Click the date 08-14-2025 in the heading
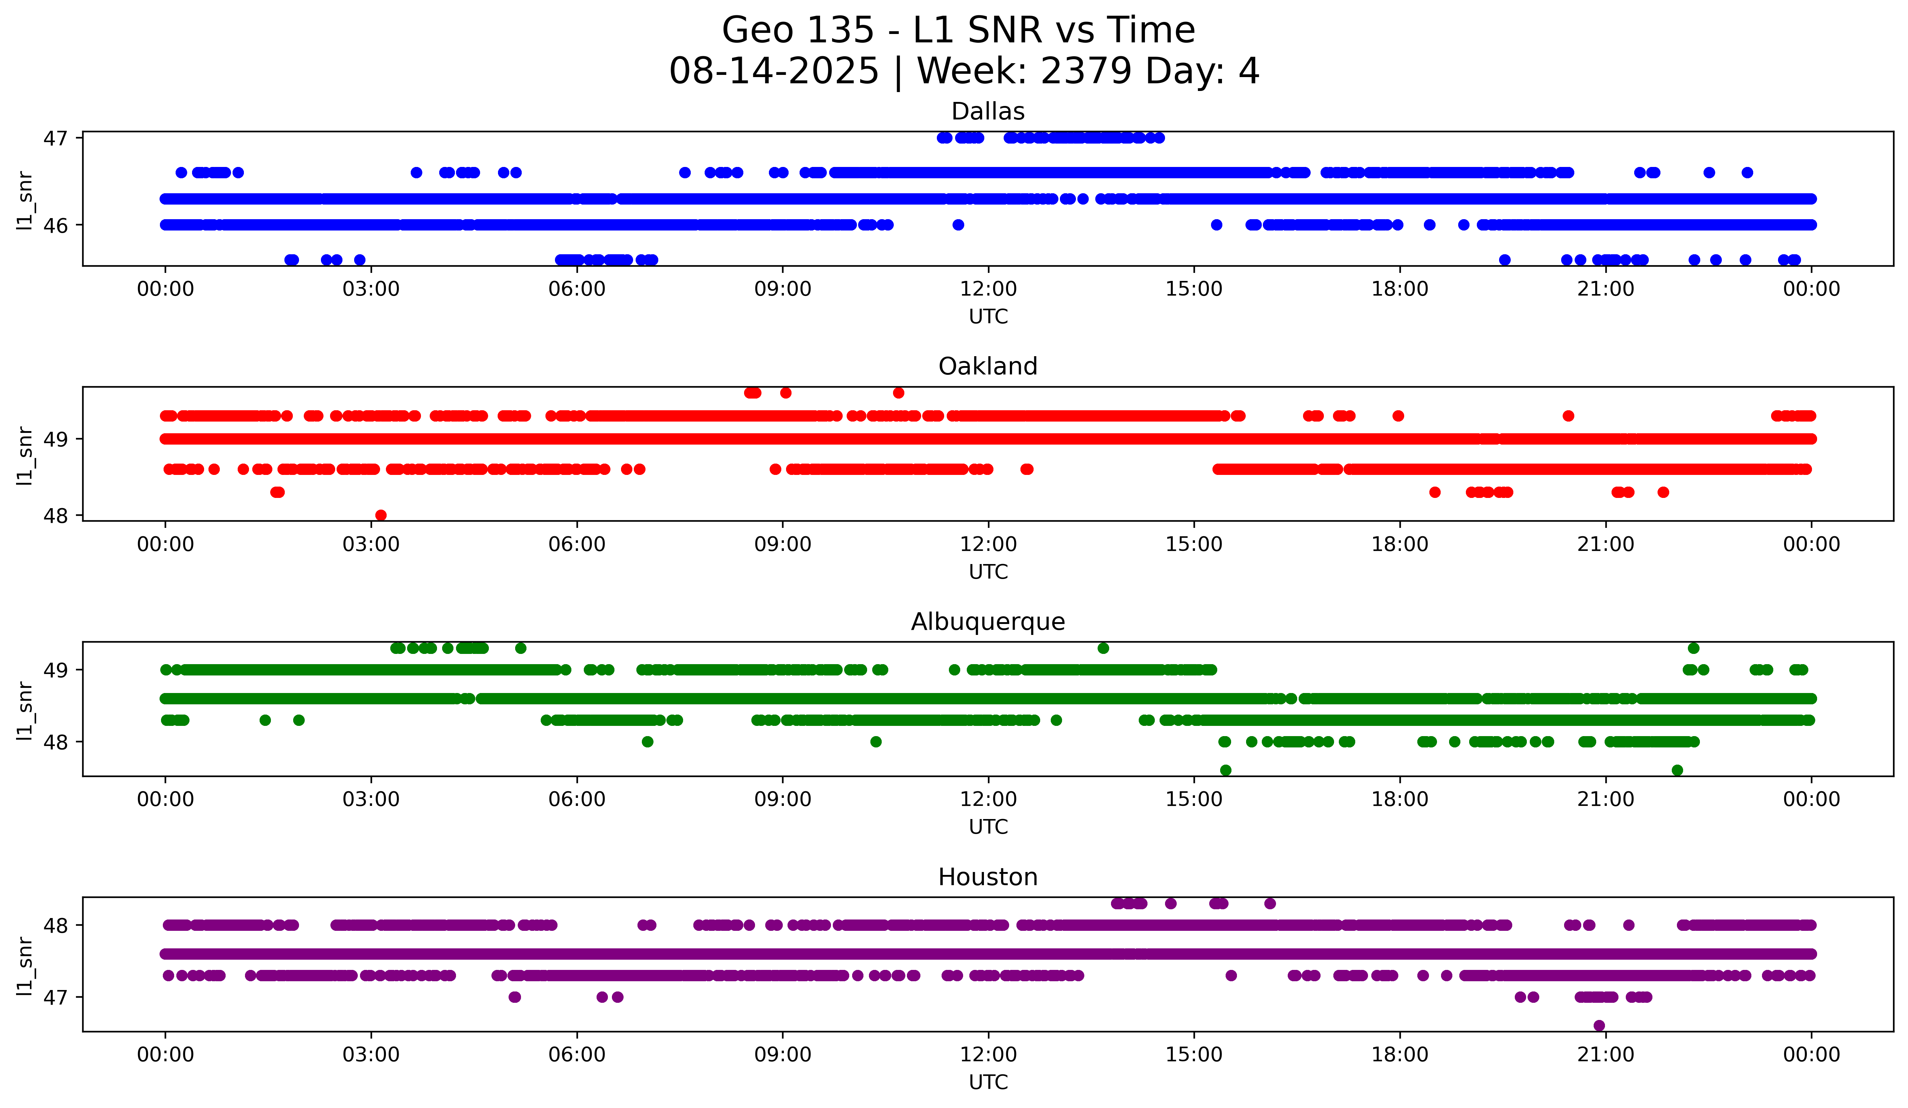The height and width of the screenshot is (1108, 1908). [x=774, y=71]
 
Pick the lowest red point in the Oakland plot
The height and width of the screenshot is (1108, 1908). [x=381, y=515]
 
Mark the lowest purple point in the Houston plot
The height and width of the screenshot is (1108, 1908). [x=1599, y=1025]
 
